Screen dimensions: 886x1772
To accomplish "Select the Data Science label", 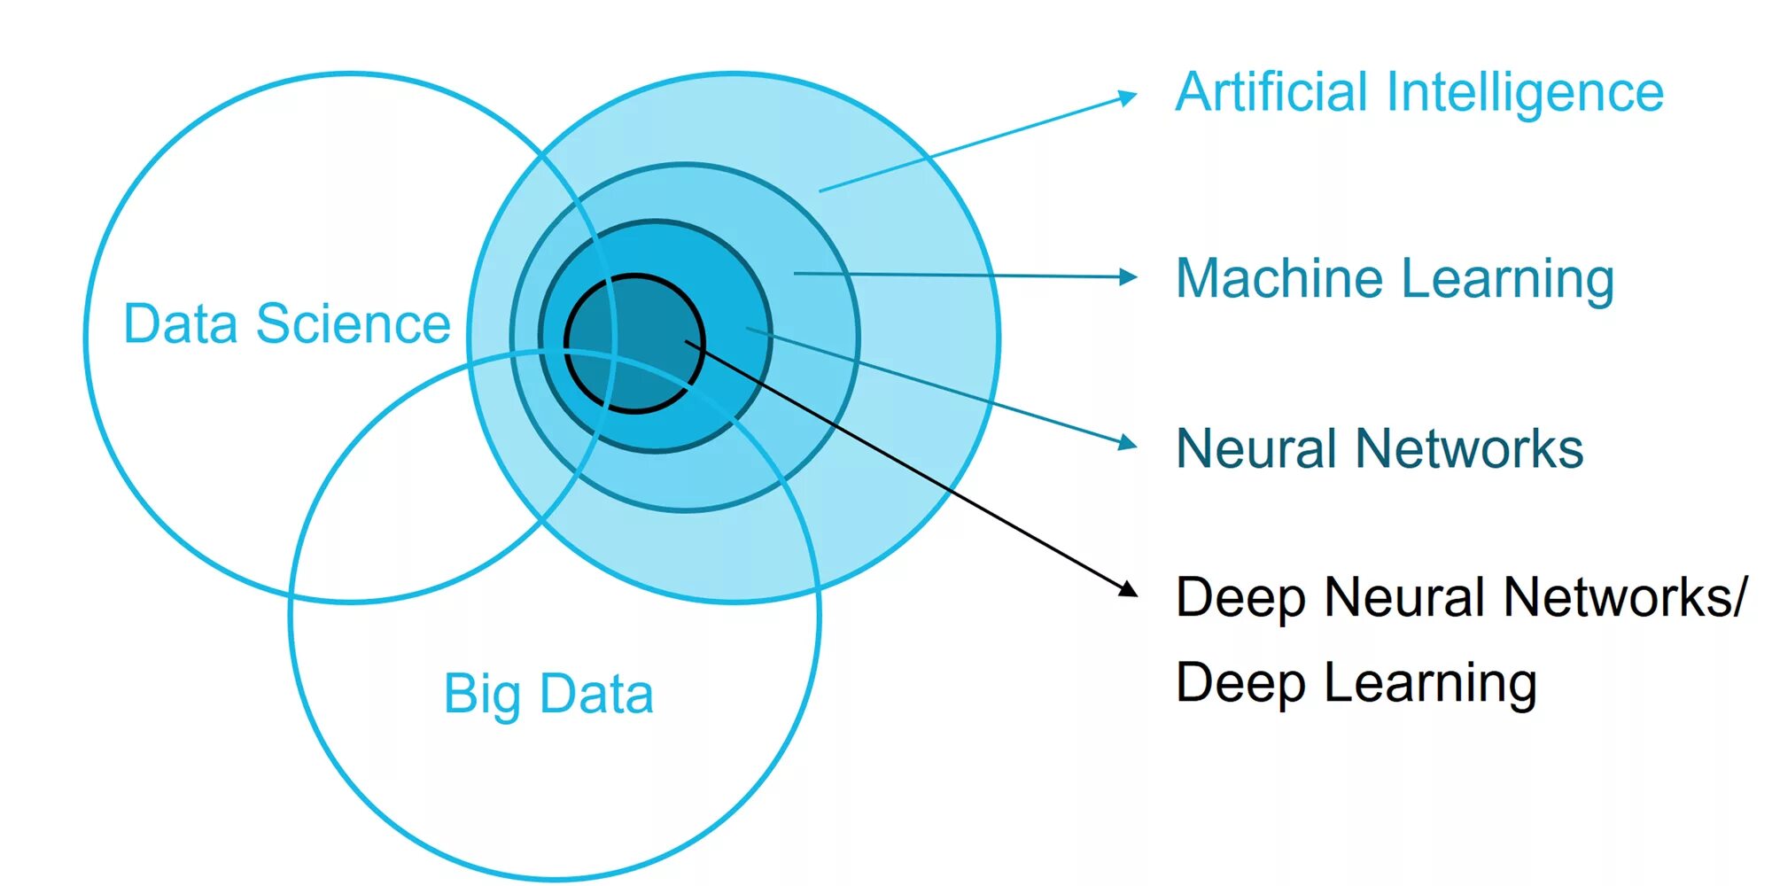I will (286, 323).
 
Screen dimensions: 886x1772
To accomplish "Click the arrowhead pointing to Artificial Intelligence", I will (1127, 97).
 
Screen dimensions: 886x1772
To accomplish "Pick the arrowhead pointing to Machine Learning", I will (1128, 277).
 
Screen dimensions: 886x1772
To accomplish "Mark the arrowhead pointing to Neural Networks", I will (1127, 442).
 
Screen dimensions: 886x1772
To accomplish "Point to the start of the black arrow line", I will (688, 342).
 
